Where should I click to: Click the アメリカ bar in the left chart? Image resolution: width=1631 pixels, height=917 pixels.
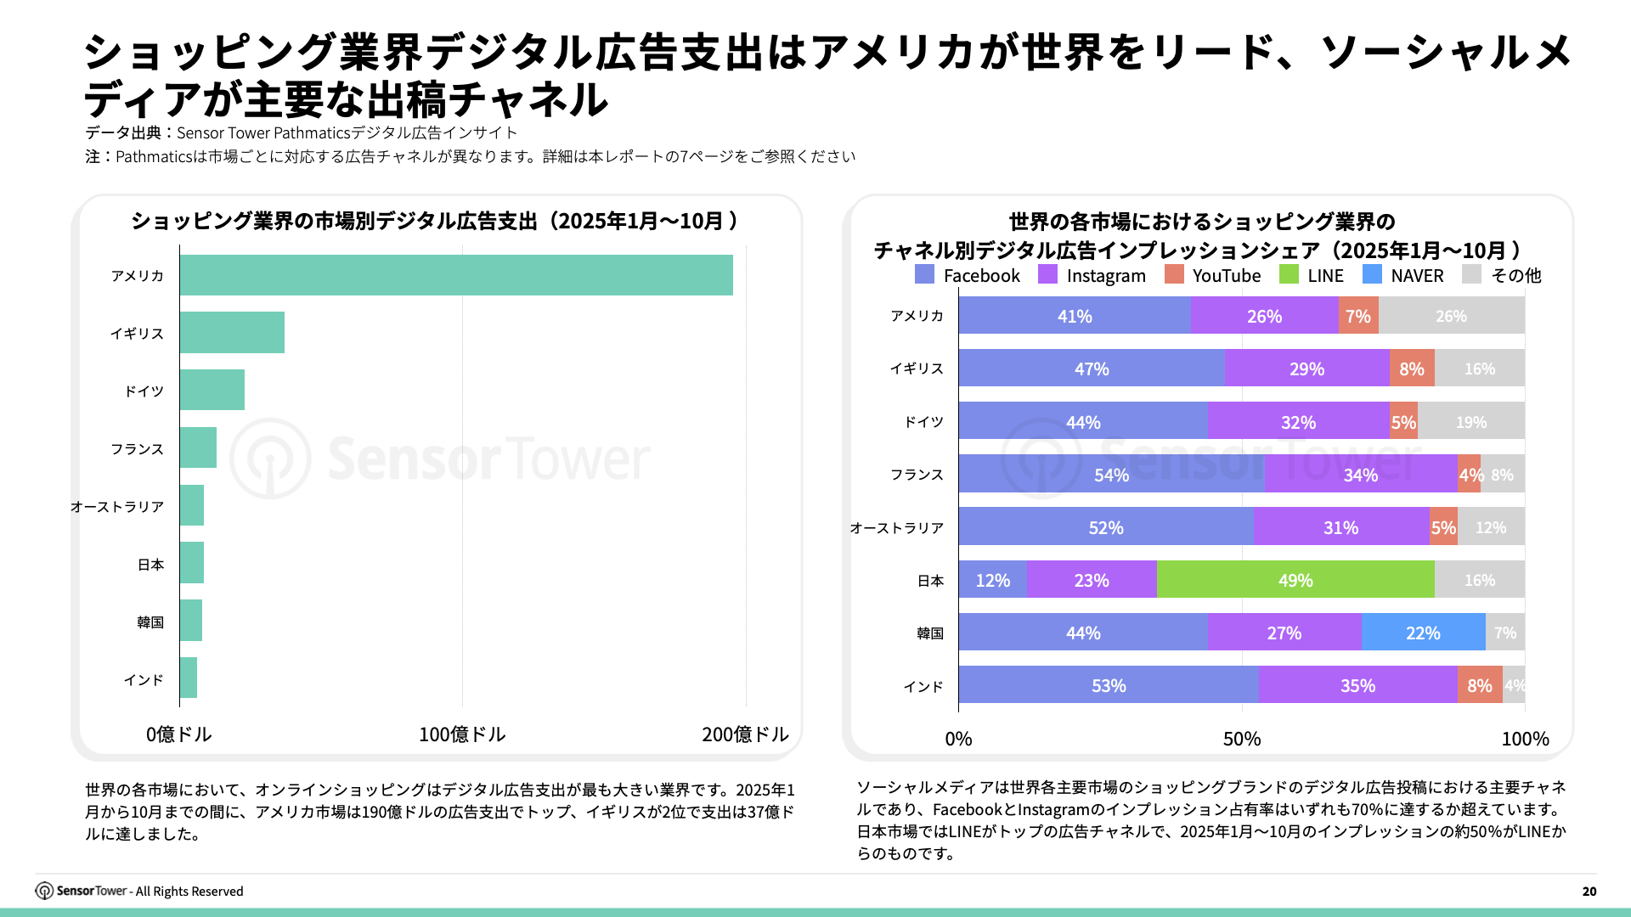[x=456, y=275]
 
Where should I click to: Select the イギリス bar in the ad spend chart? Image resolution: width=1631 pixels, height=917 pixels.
[x=232, y=333]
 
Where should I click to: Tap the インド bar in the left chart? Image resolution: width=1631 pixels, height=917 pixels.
[x=189, y=678]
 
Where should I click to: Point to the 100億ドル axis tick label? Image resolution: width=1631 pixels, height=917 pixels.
[x=462, y=734]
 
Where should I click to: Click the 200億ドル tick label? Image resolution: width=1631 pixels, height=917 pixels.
[x=745, y=734]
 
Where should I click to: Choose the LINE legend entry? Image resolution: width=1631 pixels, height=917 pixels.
[x=1312, y=275]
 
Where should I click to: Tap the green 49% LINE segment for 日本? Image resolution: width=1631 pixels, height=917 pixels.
[x=1295, y=580]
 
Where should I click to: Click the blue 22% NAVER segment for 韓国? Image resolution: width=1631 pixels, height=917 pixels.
[x=1423, y=633]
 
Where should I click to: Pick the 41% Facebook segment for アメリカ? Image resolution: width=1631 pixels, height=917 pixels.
[x=1075, y=316]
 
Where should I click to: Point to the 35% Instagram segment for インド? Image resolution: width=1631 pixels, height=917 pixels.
[x=1357, y=685]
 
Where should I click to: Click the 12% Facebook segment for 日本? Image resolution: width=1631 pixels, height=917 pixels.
[x=992, y=580]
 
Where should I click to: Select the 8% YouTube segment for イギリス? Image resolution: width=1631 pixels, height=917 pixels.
[x=1411, y=368]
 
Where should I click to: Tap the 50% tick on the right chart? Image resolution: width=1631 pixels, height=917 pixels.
[x=1241, y=739]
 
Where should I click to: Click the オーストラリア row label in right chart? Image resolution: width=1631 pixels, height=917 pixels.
[x=896, y=527]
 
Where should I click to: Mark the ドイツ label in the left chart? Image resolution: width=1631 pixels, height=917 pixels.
[x=144, y=391]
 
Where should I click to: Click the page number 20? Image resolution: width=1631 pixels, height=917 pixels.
[x=1589, y=891]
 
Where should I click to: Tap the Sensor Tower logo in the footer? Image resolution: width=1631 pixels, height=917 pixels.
[x=82, y=891]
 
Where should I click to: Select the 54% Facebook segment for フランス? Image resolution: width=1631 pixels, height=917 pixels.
[x=1111, y=475]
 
